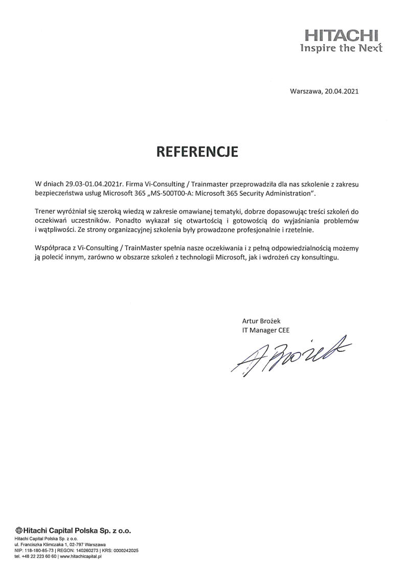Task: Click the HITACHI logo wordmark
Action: (342, 36)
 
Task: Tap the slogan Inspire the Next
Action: (341, 49)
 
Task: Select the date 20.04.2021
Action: (342, 92)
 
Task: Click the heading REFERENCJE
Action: (197, 152)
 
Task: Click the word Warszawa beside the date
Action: (305, 92)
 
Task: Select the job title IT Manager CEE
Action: (266, 330)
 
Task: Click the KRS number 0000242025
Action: (125, 551)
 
